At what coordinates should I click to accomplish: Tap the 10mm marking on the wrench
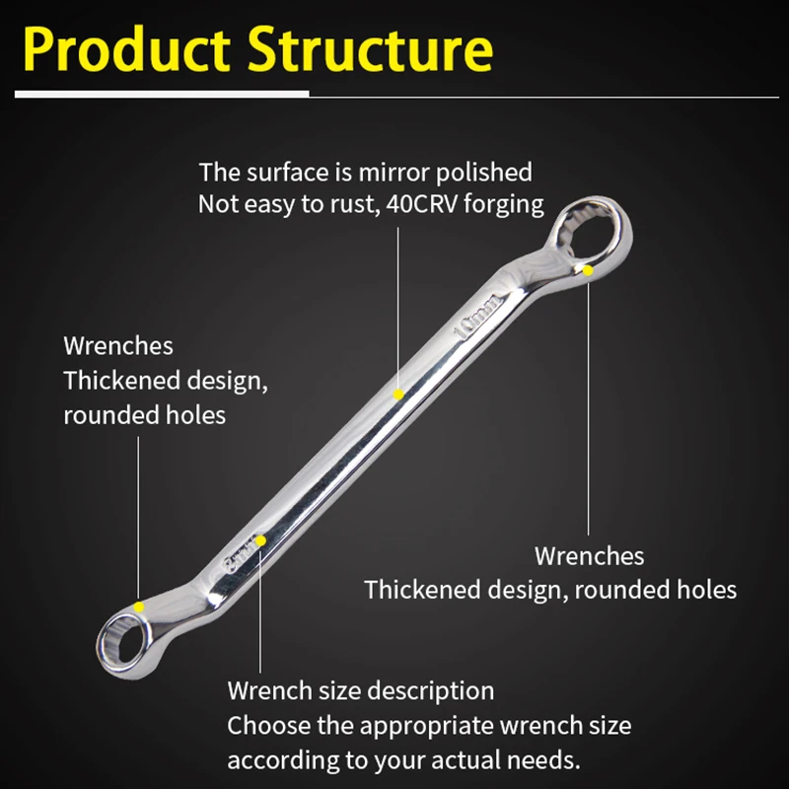point(480,313)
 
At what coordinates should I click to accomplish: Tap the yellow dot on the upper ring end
point(588,269)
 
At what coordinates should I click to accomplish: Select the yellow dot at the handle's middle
point(398,394)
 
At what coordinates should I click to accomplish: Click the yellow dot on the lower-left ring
point(140,607)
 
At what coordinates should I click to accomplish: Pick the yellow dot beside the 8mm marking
point(261,540)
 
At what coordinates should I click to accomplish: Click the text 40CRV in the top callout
point(448,205)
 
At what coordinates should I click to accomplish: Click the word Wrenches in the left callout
point(118,346)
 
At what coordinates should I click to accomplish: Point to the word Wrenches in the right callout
point(589,556)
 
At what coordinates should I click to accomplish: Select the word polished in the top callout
point(483,173)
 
